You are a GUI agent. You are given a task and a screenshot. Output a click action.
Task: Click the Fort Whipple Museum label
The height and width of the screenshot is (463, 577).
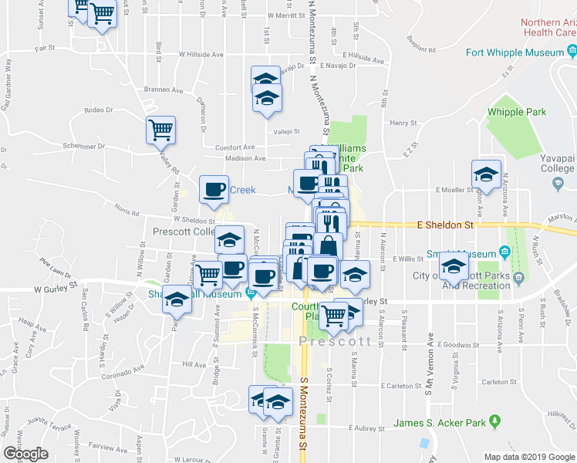click(515, 53)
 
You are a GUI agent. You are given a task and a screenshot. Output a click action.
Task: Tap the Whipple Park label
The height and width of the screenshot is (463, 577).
click(516, 111)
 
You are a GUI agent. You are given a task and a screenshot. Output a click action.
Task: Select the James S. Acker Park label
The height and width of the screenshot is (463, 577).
click(440, 422)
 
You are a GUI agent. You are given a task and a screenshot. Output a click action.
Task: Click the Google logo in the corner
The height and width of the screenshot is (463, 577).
click(25, 454)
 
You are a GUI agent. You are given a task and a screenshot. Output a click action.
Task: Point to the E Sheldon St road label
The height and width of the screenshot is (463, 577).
click(444, 225)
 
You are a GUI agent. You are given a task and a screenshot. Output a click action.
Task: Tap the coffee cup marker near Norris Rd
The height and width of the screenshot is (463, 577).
click(214, 190)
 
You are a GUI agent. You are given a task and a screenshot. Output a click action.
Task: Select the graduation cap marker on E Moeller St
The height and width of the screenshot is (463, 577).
click(487, 174)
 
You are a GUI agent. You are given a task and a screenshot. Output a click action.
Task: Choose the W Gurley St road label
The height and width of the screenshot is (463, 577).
click(58, 289)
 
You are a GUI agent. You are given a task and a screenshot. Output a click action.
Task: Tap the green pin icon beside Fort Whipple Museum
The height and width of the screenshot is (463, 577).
click(572, 52)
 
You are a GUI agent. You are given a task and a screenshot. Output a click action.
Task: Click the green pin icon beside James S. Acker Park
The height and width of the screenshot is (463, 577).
click(494, 422)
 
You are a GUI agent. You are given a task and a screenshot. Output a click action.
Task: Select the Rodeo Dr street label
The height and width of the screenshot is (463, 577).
click(99, 110)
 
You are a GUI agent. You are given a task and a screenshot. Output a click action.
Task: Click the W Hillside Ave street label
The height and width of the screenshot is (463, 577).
click(201, 55)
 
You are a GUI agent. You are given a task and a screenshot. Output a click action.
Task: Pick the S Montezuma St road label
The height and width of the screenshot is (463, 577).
click(303, 421)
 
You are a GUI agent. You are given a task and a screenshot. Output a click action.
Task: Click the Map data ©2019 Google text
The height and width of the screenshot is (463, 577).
click(528, 456)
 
